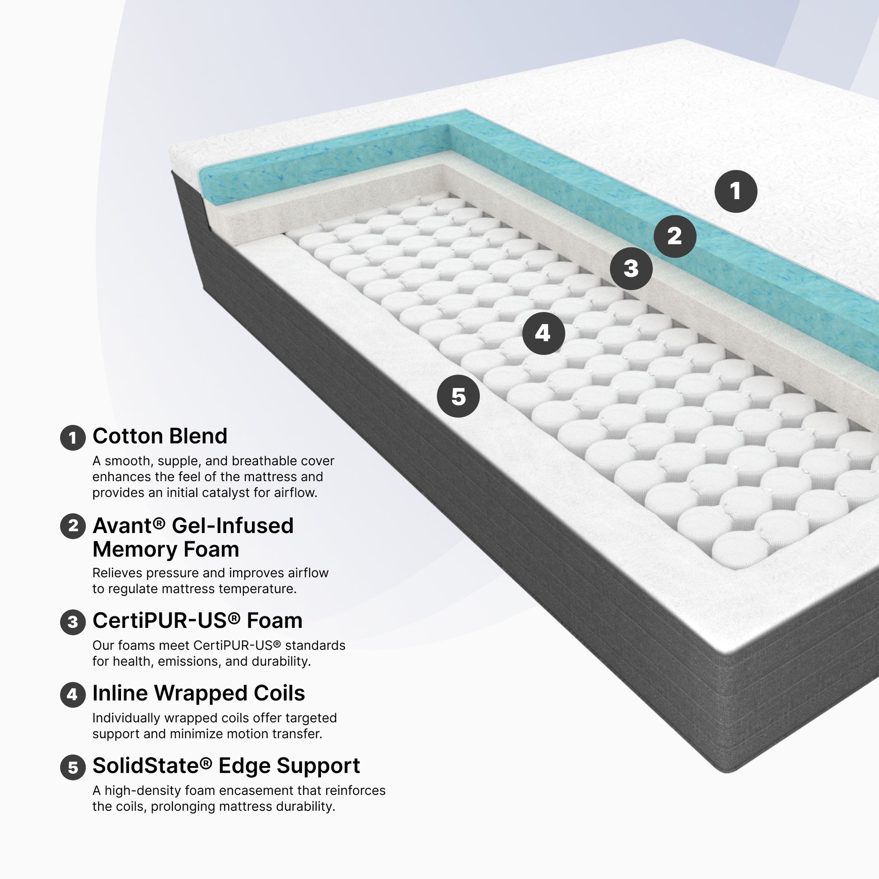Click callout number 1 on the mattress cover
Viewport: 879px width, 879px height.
pos(736,191)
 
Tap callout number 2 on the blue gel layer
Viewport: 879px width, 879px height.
pos(675,236)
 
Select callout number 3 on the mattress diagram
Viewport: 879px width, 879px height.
pos(631,268)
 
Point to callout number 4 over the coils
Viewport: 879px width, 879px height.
pos(543,333)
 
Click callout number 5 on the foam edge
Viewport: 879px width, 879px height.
pos(458,396)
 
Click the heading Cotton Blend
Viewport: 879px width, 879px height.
pos(160,436)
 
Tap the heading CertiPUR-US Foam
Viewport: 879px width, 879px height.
pos(197,620)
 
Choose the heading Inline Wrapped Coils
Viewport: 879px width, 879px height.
pos(199,693)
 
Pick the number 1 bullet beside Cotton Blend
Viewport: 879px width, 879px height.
pos(73,438)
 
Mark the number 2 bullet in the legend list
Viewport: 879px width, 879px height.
pos(73,526)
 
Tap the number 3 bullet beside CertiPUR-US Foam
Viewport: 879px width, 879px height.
pos(73,622)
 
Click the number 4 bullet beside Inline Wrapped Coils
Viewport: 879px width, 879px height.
pos(73,695)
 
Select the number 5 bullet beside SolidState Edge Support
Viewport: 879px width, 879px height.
pos(73,767)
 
